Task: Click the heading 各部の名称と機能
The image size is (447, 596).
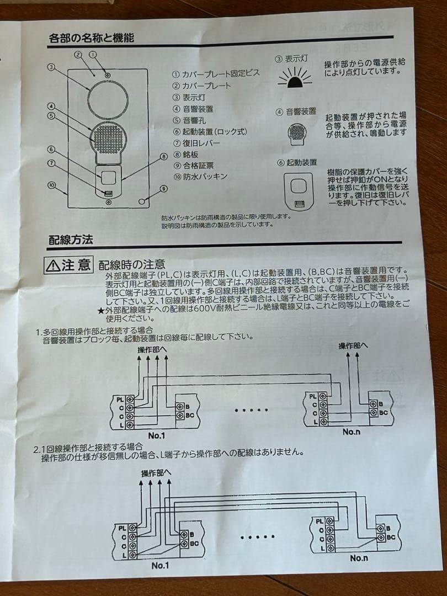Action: (x=91, y=38)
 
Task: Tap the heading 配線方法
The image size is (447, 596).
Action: (x=71, y=240)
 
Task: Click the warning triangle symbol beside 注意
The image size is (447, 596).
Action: (x=54, y=265)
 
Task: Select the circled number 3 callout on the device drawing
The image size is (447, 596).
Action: (x=51, y=67)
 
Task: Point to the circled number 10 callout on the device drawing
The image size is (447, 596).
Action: (x=51, y=186)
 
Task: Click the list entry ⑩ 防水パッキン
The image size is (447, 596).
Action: (x=200, y=177)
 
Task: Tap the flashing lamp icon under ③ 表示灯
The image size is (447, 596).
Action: (x=299, y=80)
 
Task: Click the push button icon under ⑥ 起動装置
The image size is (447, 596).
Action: (x=298, y=190)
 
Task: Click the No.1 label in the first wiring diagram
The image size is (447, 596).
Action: (x=156, y=436)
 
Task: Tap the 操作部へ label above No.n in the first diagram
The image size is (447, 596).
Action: (x=353, y=345)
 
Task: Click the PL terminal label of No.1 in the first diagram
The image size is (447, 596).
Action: (x=120, y=397)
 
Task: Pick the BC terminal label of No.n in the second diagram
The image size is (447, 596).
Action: (x=391, y=537)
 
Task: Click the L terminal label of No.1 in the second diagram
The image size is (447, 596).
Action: (x=124, y=554)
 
